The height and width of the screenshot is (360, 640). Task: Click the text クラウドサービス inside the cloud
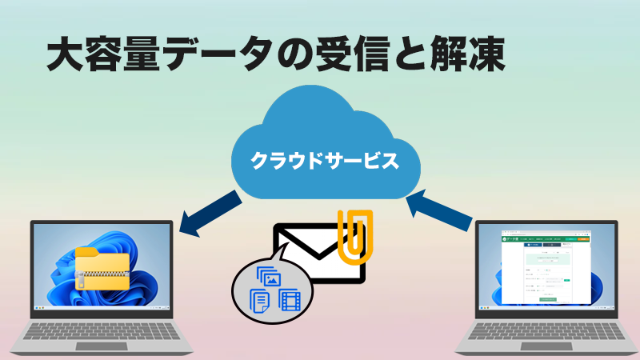(325, 160)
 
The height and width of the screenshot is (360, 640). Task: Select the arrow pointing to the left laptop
(210, 214)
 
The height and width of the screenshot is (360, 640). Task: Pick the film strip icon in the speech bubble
(289, 300)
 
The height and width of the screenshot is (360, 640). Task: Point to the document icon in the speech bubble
(259, 301)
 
